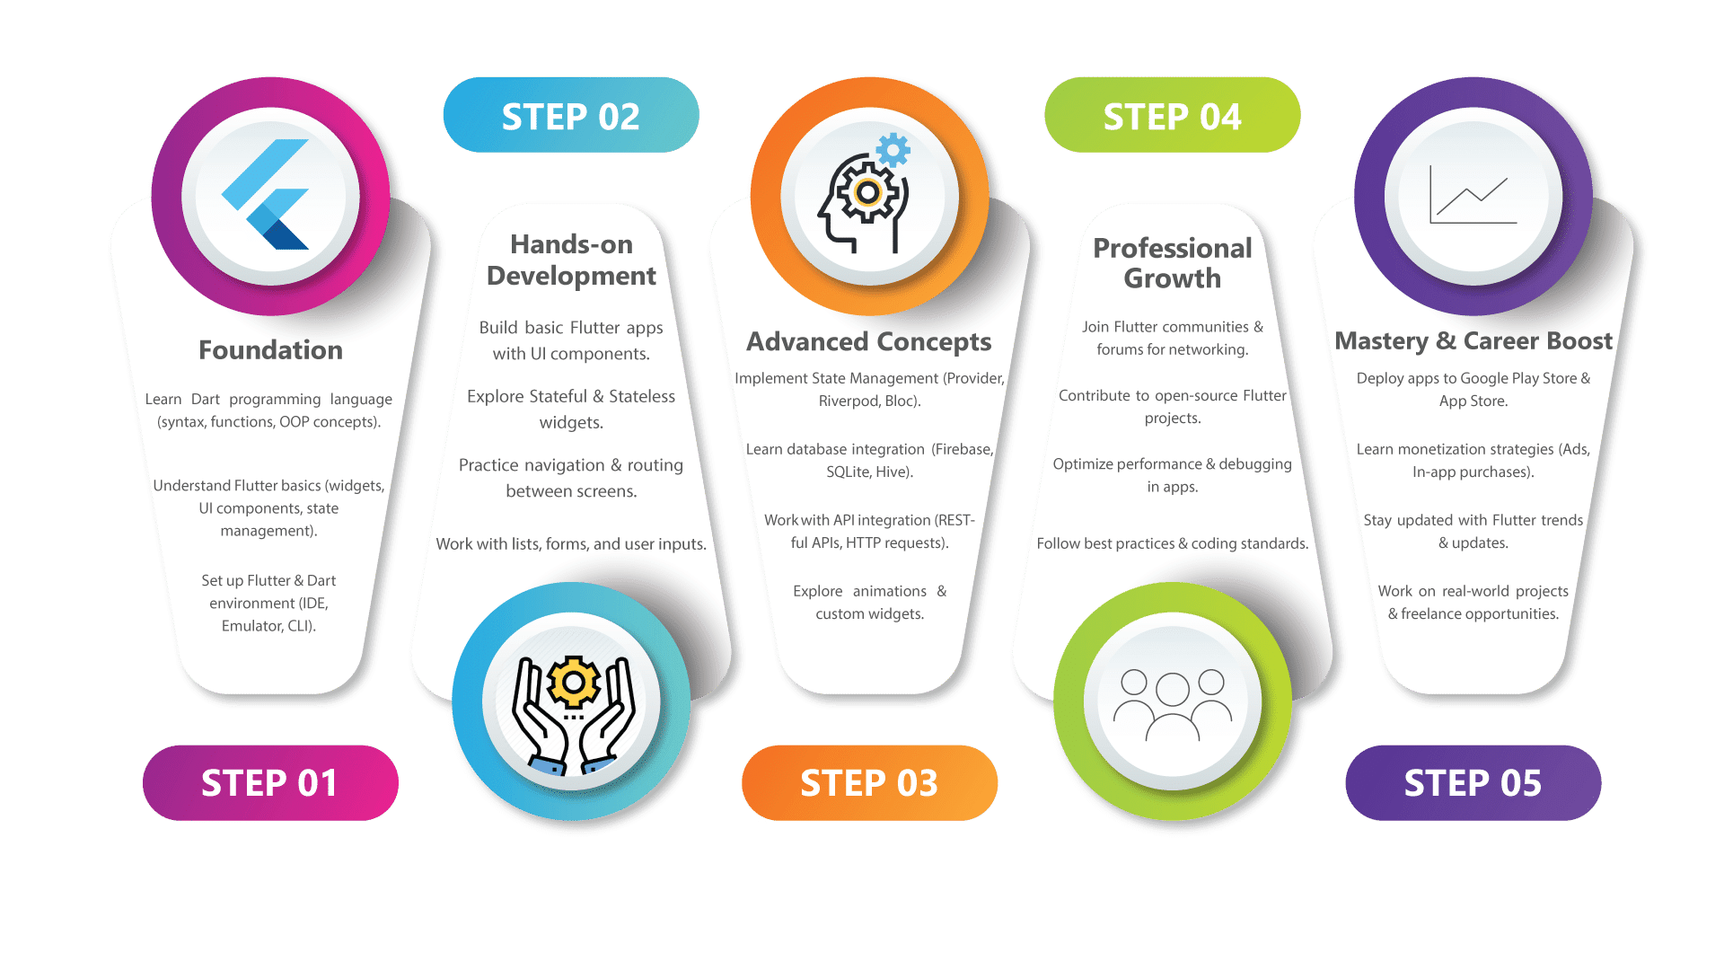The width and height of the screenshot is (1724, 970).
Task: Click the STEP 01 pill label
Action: (269, 783)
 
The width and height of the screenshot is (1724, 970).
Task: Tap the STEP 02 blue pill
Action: (571, 116)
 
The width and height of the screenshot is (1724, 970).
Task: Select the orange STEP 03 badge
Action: (869, 783)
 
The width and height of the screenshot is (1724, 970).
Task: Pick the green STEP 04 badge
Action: (1172, 116)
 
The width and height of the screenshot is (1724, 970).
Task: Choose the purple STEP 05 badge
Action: (1473, 783)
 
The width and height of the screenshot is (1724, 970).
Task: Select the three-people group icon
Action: (1173, 703)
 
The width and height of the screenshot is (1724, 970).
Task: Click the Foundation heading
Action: (270, 349)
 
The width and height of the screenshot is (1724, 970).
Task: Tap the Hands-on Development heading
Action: (571, 260)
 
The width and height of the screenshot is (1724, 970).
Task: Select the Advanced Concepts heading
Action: (868, 341)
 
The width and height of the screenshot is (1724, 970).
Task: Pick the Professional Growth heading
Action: (1172, 262)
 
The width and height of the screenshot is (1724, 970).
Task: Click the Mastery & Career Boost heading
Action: (1473, 340)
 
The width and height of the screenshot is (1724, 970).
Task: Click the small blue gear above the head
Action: (893, 150)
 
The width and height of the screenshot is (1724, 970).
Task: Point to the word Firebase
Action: (963, 449)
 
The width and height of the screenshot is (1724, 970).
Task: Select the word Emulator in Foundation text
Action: (251, 626)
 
